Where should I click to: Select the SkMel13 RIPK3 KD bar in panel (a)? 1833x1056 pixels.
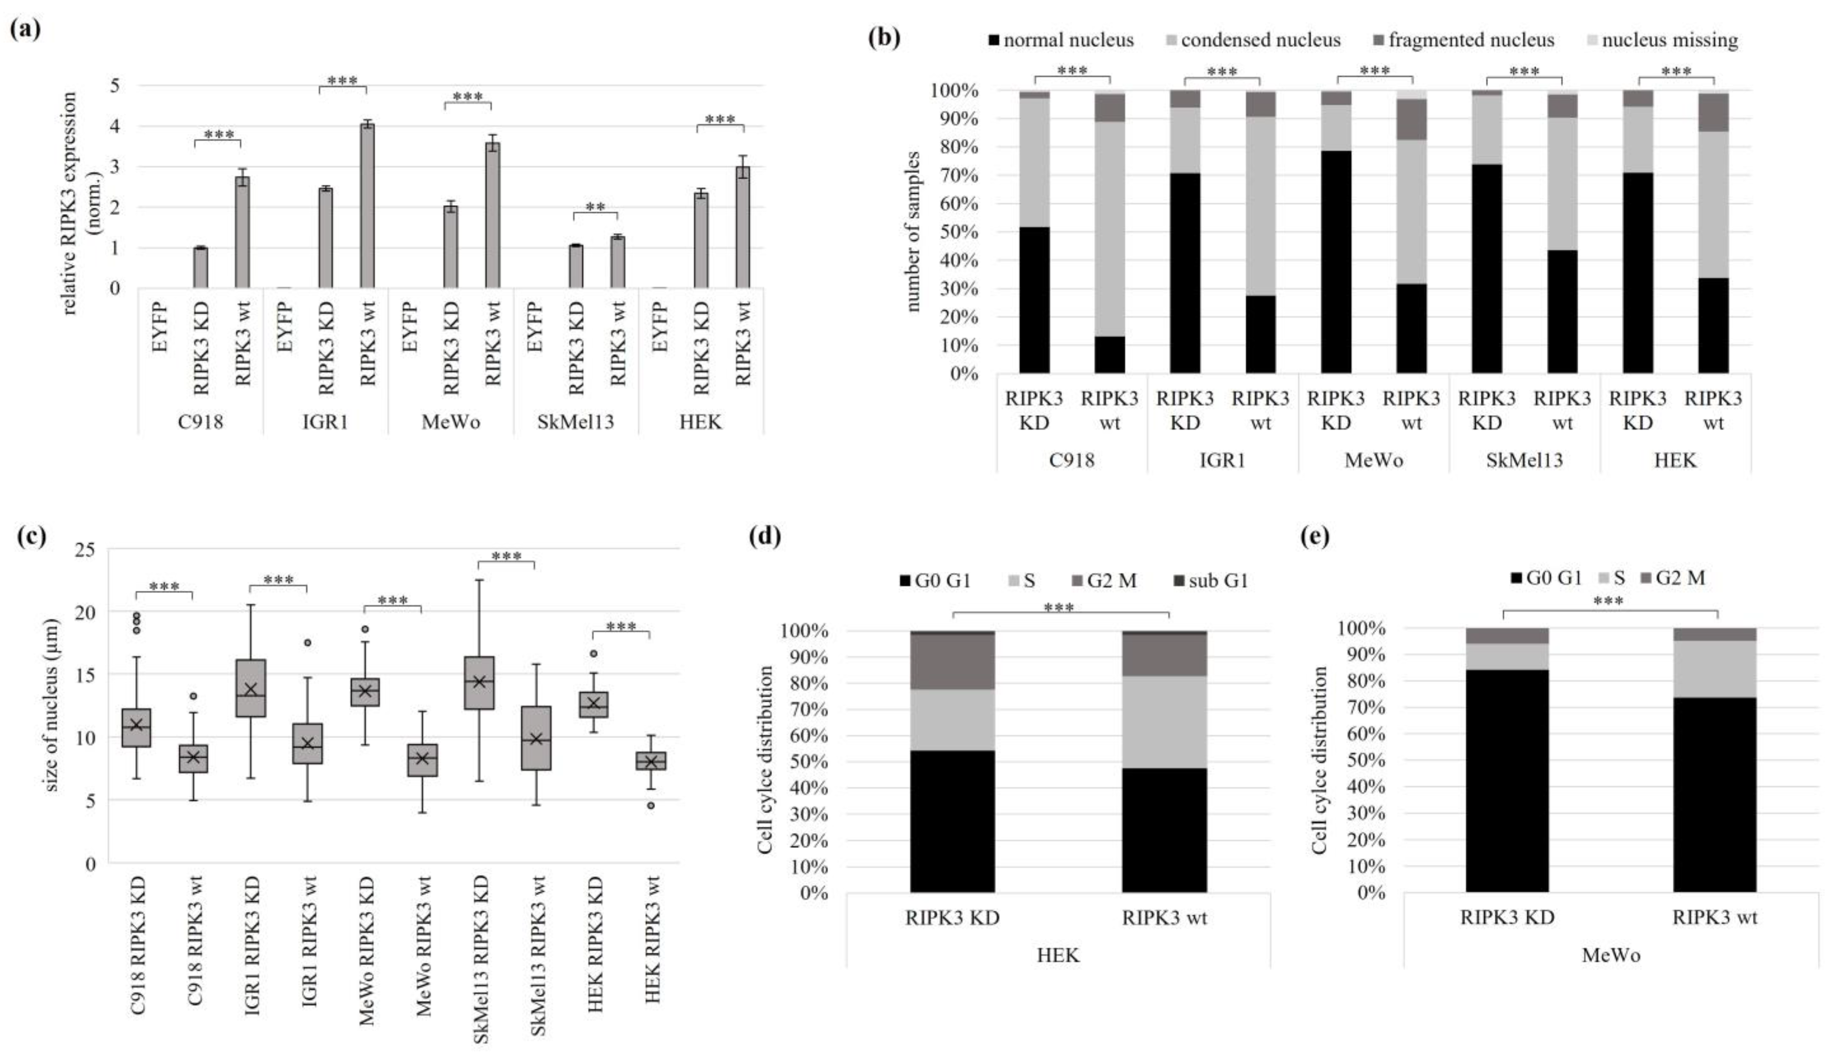576,267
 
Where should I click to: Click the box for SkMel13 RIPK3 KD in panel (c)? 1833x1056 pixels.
479,683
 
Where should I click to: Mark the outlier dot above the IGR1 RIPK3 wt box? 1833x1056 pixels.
308,642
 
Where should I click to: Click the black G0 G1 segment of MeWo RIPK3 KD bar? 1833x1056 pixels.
1507,781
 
